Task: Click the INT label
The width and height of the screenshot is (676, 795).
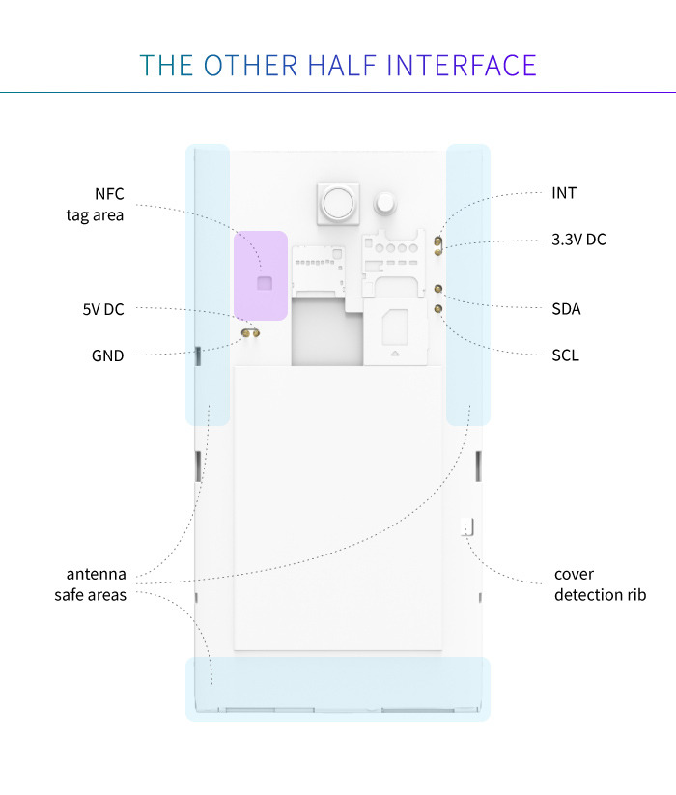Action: (564, 193)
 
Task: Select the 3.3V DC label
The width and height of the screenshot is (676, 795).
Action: (578, 240)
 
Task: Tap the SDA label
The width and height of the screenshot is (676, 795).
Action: (566, 309)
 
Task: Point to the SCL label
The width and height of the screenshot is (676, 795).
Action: (565, 355)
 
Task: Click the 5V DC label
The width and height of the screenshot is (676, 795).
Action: (103, 309)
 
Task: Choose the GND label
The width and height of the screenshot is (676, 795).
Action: (108, 355)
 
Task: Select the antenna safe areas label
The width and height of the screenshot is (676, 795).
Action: (91, 584)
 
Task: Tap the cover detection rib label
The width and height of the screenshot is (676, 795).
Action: (600, 584)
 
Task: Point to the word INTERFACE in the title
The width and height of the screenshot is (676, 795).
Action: (462, 65)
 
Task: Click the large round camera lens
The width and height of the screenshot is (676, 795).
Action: (338, 203)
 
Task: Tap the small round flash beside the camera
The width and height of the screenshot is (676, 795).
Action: (387, 203)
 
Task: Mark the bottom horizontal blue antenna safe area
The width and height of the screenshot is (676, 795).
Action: (338, 688)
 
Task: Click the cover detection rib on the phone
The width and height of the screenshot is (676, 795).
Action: (469, 527)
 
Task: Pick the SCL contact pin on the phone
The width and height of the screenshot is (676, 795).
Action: (438, 309)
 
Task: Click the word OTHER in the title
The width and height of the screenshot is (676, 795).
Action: (252, 65)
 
